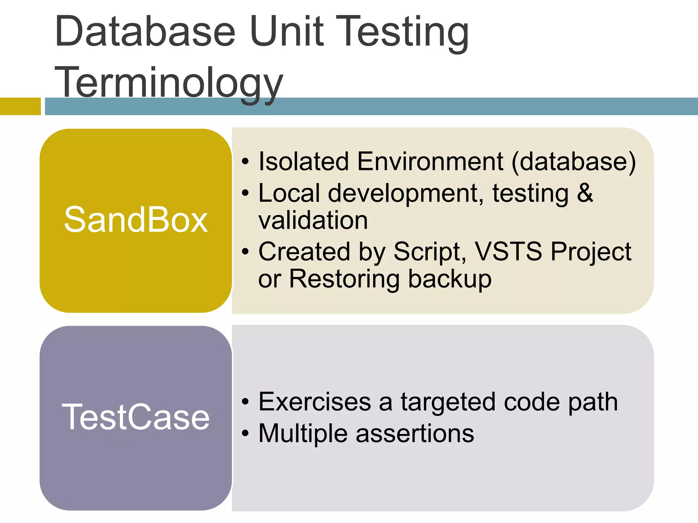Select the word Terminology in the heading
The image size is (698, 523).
point(169,83)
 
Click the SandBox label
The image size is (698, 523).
point(136,220)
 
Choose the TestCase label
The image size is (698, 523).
point(136,417)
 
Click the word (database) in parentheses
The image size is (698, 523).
point(574,162)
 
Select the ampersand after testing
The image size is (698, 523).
point(585,193)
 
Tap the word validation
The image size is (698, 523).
point(313,220)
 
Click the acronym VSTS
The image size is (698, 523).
point(508,252)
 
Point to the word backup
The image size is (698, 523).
point(450,279)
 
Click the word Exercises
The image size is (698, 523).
point(315,402)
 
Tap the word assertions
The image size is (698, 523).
point(415,433)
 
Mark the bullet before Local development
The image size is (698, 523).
point(245,193)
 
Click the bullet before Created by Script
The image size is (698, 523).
point(245,252)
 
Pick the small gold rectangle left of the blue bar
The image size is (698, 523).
point(20,106)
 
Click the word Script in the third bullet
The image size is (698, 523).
point(430,252)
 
